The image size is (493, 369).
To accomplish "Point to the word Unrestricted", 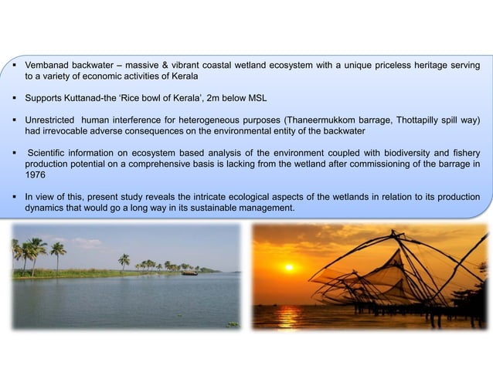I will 53,121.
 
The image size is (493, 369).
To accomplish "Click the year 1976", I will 36,176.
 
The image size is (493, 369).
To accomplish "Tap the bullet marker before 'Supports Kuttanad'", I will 15,99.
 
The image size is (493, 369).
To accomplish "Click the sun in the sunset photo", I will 289,267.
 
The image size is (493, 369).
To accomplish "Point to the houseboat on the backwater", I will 189,273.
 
